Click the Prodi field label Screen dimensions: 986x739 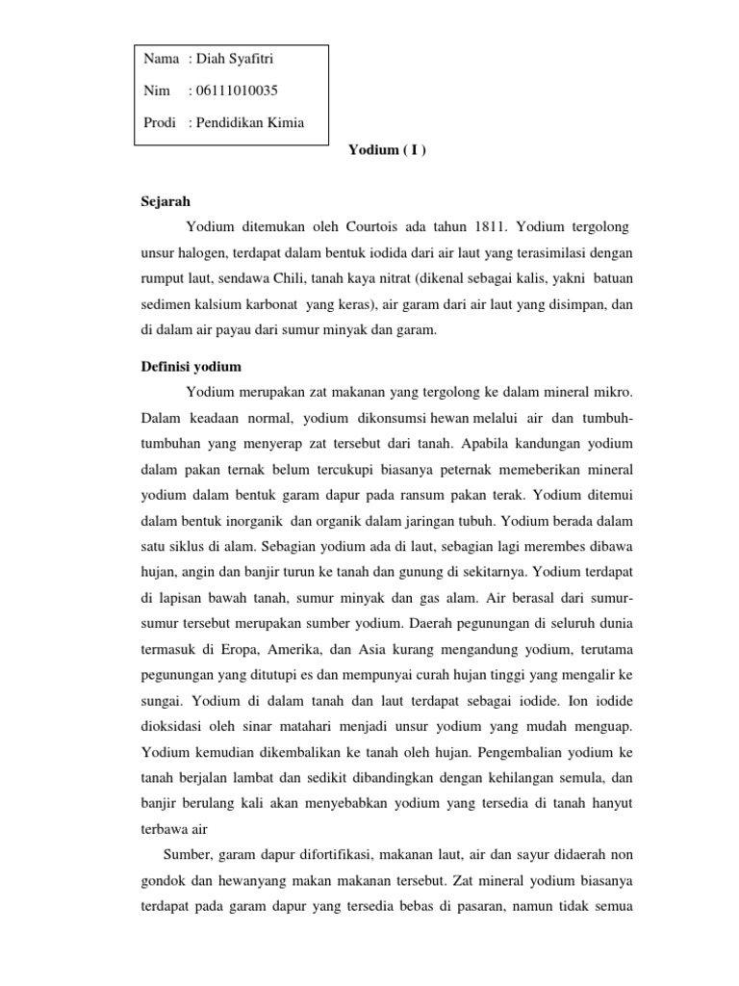point(160,122)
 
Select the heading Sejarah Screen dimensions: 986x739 point(165,201)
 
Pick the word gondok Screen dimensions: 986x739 point(163,880)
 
